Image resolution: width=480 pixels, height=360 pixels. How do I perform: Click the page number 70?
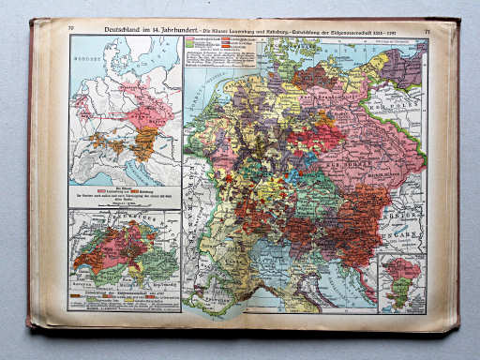(70, 30)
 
